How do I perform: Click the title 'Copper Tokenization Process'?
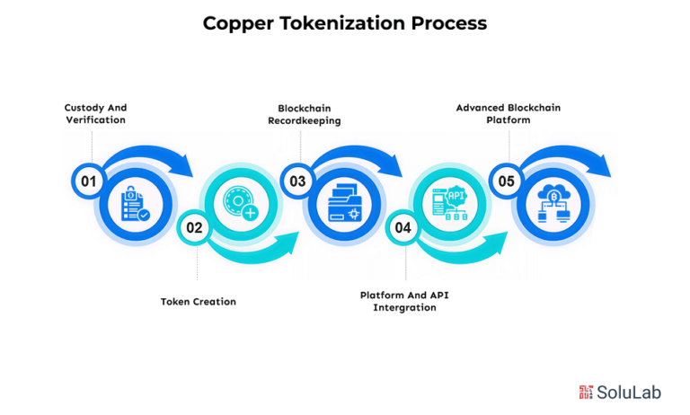345,23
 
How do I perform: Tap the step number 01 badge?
88,181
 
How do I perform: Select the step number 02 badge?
194,227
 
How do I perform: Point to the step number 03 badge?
297,181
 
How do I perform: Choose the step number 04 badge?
402,227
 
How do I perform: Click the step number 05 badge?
506,181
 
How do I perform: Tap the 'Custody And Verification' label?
95,113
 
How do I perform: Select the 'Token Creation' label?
198,302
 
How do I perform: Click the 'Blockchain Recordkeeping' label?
304,114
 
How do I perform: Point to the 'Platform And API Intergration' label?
404,302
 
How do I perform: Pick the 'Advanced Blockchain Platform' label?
509,113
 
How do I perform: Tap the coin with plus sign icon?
241,202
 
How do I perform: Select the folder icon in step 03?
345,203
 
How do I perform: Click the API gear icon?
450,203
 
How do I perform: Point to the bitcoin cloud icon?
553,203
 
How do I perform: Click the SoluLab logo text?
629,393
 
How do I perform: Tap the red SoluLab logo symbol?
586,393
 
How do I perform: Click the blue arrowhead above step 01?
185,166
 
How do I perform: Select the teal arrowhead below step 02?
289,243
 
